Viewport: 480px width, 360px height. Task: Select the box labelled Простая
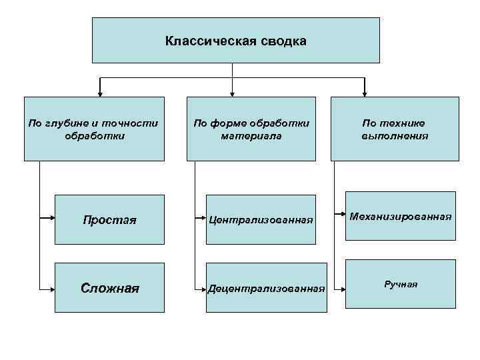point(109,219)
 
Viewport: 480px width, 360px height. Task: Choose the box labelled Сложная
point(109,288)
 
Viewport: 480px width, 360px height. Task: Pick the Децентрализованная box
point(266,288)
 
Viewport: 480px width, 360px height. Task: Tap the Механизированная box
point(399,216)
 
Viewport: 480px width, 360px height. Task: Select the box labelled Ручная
point(400,285)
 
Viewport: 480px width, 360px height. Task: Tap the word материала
point(251,136)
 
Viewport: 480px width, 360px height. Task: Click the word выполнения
point(395,136)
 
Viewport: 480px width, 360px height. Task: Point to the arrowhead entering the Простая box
point(51,218)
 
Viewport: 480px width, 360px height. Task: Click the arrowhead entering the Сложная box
point(51,289)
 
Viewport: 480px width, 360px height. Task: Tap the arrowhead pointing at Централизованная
point(203,218)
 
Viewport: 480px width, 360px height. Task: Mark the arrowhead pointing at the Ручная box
point(342,289)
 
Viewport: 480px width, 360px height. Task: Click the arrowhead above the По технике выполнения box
point(365,93)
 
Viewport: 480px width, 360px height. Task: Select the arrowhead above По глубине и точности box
point(101,93)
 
